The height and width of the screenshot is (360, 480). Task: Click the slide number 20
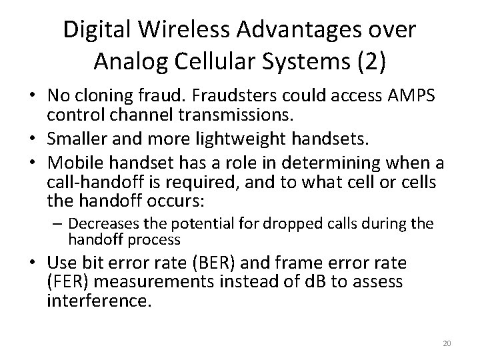[x=447, y=343]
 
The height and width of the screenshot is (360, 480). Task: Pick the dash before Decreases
[x=61, y=223]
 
